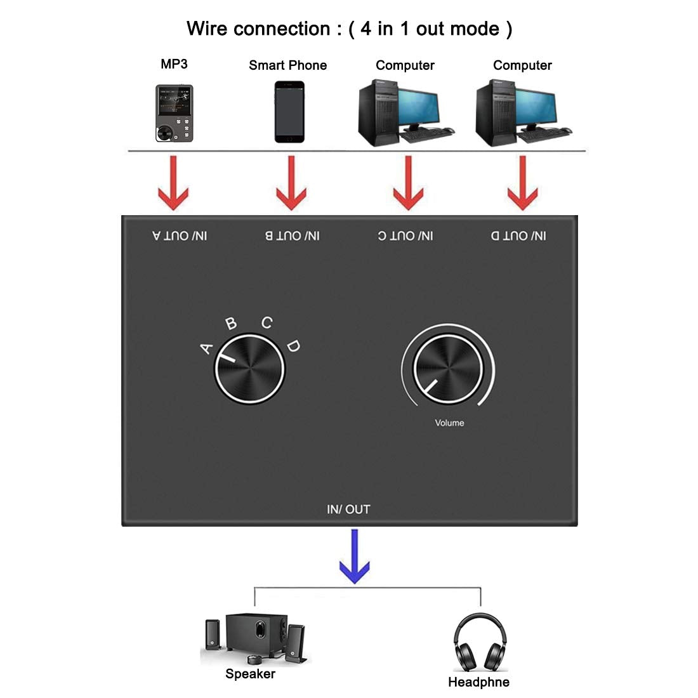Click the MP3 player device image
[174, 112]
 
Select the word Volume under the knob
[449, 423]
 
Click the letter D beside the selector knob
[293, 346]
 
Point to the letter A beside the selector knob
[206, 348]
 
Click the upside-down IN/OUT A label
[180, 236]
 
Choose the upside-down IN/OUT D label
[518, 236]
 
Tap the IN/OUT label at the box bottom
[348, 509]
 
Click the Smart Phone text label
[287, 65]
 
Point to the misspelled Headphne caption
[478, 682]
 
